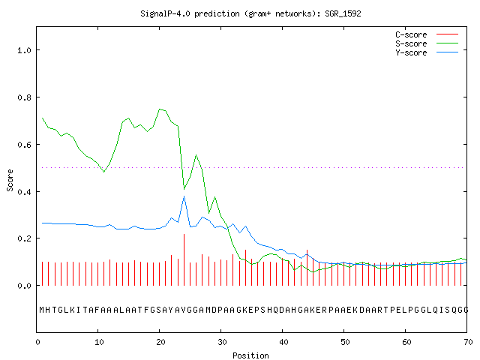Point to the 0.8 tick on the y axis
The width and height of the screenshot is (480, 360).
24,97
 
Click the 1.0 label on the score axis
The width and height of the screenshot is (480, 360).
24,50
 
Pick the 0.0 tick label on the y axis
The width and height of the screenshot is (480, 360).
24,286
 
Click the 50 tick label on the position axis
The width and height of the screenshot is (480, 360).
345,342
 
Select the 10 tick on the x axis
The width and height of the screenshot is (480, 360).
99,342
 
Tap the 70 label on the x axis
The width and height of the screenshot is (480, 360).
468,342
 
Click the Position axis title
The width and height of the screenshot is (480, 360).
250,355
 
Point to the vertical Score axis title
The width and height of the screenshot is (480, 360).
10,180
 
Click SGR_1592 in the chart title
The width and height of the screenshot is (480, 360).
343,13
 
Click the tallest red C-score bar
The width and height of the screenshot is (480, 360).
184,259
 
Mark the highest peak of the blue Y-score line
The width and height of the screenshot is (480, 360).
184,196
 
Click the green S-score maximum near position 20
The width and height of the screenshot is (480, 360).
160,109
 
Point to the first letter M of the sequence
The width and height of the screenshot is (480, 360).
42,310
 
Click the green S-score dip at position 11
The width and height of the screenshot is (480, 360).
104,172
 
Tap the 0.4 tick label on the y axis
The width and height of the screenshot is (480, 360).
24,192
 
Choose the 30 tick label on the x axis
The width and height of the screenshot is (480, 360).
222,342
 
